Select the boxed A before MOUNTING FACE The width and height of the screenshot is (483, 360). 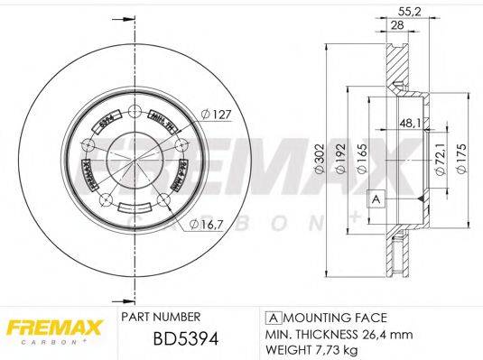(271, 318)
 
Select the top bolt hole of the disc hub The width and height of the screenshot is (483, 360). (135, 113)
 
